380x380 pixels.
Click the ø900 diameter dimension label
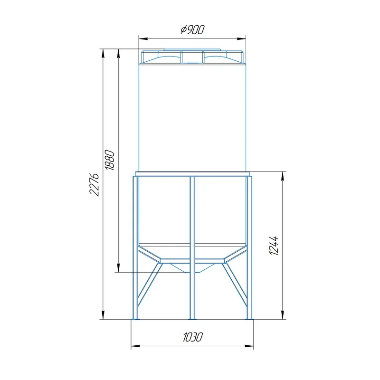(x=193, y=30)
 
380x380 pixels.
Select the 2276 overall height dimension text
(x=94, y=184)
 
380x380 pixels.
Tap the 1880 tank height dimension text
(x=109, y=160)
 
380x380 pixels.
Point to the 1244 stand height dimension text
(x=274, y=245)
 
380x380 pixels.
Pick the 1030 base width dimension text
(x=193, y=337)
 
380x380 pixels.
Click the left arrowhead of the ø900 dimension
(x=143, y=38)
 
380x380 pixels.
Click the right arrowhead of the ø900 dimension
(x=241, y=38)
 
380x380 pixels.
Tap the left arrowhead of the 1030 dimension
(x=135, y=346)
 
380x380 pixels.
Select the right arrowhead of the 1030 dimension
(x=249, y=346)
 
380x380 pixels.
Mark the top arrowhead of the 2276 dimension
(x=103, y=53)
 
